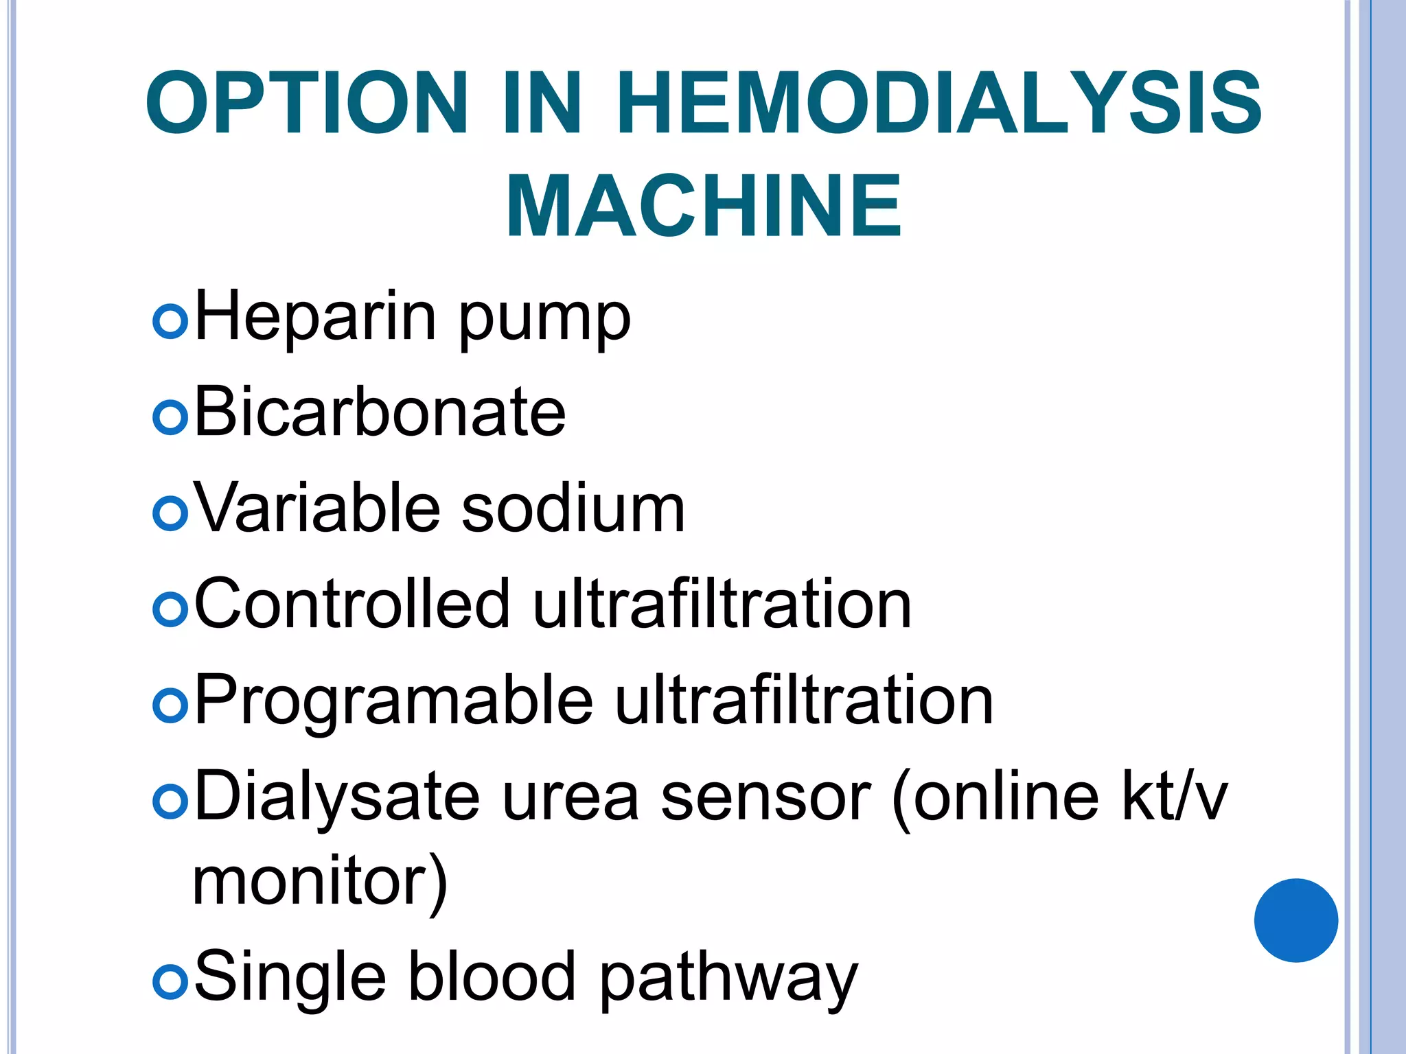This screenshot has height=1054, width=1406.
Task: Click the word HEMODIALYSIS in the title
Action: tap(939, 103)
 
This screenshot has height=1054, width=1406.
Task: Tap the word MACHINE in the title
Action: tap(704, 206)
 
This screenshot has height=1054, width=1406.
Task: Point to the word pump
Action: tap(544, 323)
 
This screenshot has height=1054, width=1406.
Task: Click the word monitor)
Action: tap(320, 881)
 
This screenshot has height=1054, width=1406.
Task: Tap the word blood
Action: tap(492, 977)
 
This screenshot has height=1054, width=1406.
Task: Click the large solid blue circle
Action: tap(1295, 920)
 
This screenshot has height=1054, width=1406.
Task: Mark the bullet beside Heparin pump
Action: tap(170, 321)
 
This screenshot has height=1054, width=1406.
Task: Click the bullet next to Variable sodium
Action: tap(170, 513)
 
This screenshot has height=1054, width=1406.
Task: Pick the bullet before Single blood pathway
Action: tap(170, 982)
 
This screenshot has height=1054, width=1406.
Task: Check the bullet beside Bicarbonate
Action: tap(170, 417)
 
